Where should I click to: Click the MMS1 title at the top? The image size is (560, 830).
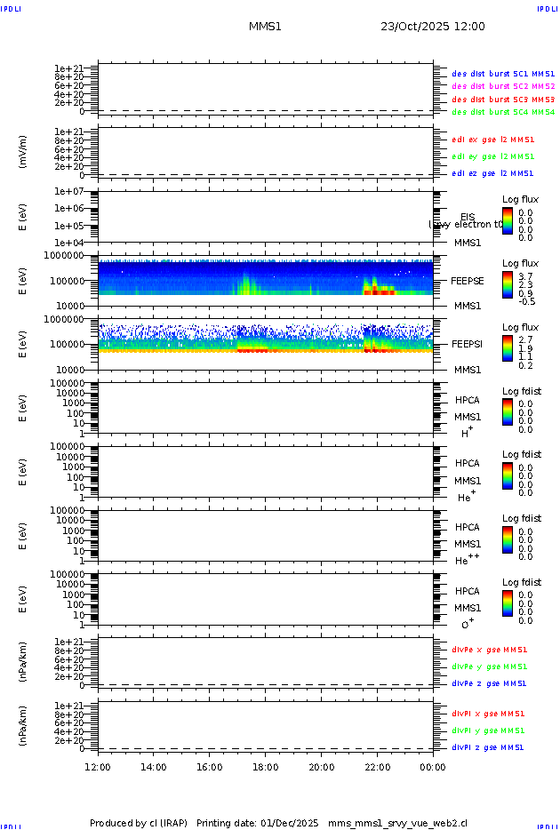point(265,27)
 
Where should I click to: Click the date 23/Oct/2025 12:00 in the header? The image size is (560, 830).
point(433,27)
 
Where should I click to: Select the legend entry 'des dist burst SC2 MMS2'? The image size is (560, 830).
point(503,86)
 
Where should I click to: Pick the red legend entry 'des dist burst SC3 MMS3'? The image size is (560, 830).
point(503,100)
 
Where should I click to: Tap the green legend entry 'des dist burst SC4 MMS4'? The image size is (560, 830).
point(503,113)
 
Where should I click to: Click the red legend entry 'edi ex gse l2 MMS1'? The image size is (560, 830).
point(492,140)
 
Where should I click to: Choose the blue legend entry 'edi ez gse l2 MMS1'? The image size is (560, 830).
point(492,174)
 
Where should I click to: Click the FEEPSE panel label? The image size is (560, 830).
point(468,280)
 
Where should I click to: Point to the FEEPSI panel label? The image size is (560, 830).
point(468,344)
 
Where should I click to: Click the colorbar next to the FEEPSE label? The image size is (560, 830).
point(508,289)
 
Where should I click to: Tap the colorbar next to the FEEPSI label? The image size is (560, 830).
point(508,352)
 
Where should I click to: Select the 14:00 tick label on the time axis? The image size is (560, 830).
point(154,768)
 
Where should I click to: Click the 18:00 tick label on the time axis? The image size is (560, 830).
point(265,768)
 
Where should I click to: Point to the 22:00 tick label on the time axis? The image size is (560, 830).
point(377,768)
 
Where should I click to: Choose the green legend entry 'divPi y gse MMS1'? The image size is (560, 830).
point(488,730)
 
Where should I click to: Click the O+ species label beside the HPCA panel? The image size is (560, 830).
point(467,626)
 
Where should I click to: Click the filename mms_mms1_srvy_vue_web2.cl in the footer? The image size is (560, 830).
point(397,824)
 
